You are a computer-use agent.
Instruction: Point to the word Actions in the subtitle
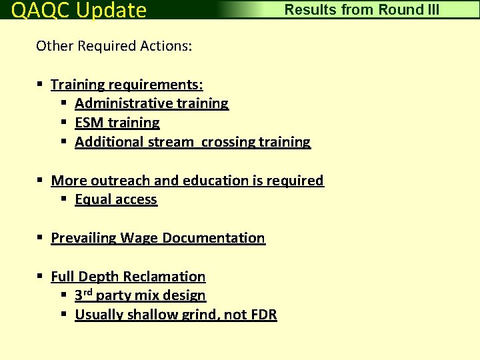point(166,46)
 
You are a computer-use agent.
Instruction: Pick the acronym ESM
point(89,123)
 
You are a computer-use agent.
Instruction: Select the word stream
point(171,142)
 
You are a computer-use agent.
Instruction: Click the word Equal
point(93,200)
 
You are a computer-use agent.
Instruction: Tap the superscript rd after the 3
point(88,291)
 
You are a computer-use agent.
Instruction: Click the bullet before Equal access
point(65,199)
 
